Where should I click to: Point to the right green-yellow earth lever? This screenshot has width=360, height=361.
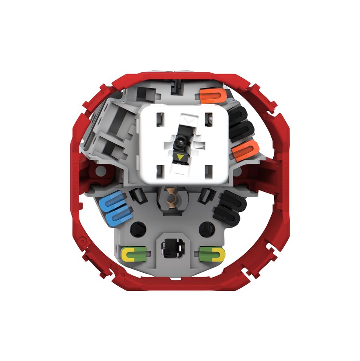(212, 253)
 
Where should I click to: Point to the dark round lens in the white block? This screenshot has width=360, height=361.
(179, 141)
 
